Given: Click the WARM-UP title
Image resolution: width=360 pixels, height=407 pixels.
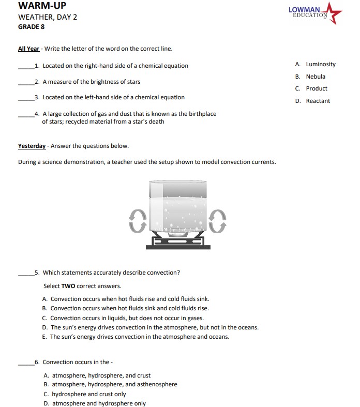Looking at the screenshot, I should pyautogui.click(x=42, y=6).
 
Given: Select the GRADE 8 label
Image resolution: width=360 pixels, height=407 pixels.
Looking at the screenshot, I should pyautogui.click(x=31, y=27).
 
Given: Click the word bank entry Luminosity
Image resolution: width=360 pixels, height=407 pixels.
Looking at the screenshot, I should pyautogui.click(x=320, y=64).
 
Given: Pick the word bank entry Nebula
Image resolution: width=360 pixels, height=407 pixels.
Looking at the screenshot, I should pyautogui.click(x=315, y=77).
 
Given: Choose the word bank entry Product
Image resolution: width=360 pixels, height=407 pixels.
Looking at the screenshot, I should pyautogui.click(x=316, y=88).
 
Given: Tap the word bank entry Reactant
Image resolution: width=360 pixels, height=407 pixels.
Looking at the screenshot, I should pyautogui.click(x=318, y=101).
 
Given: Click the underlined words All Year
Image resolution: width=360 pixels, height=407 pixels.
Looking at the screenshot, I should pyautogui.click(x=28, y=49).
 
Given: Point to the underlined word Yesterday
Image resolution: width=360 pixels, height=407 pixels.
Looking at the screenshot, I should pyautogui.click(x=32, y=146).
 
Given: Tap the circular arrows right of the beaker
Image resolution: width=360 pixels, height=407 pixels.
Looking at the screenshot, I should pyautogui.click(x=219, y=221).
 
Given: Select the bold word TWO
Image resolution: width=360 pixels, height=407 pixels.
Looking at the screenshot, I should pyautogui.click(x=68, y=286).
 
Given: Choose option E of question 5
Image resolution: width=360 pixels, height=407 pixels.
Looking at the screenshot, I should pyautogui.click(x=139, y=337).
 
